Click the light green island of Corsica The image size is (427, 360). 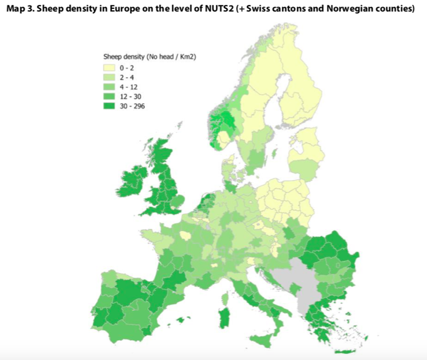coord(225,299)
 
